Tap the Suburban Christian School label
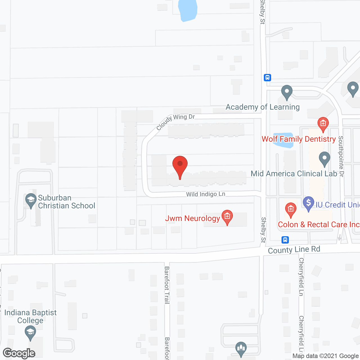coord(66,202)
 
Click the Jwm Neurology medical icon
coord(227,217)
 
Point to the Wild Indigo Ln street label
coord(206,194)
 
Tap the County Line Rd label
coord(294,250)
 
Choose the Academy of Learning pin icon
coord(287,92)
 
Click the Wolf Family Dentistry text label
coord(299,139)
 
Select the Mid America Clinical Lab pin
coord(325,159)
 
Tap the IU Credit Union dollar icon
coord(309,203)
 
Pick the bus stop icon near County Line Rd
coord(285,240)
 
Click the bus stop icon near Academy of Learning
coord(267,77)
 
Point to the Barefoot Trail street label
coord(167,285)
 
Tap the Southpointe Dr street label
coord(341,156)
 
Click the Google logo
coord(19,353)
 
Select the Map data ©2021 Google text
coord(325,356)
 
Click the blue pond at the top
coord(188,10)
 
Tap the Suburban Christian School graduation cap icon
coord(31,200)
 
